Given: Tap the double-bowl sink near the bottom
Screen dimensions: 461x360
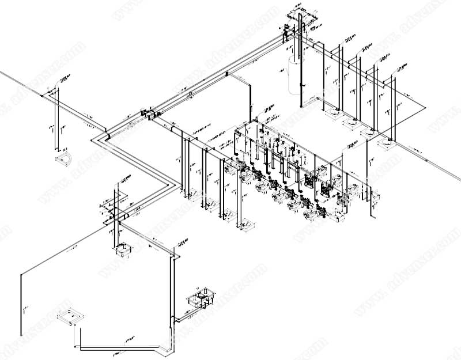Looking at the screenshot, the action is (x=199, y=300).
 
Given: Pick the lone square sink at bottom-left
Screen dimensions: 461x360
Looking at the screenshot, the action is (x=69, y=317).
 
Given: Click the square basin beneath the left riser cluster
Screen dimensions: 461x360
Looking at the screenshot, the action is (x=122, y=251).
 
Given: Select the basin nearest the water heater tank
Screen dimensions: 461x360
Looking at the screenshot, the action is (x=333, y=113).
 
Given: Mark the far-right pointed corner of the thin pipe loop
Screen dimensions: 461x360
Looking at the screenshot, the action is (x=424, y=107).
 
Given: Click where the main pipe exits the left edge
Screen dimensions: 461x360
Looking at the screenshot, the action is (x=2, y=73).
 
